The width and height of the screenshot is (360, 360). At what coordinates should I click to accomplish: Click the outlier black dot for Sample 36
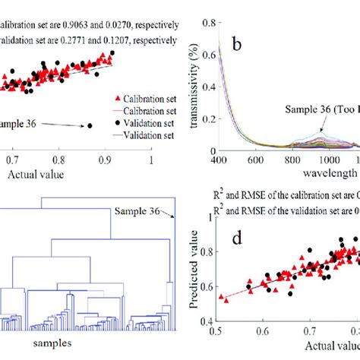coord(90,125)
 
